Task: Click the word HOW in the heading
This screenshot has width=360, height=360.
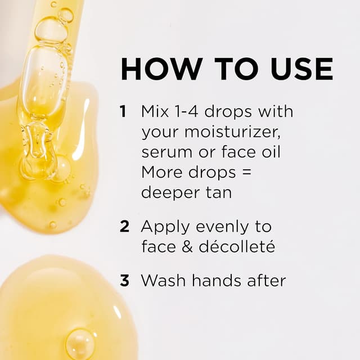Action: coord(161,69)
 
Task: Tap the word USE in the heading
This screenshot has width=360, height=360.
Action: coord(301,69)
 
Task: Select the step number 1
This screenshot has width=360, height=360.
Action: coord(123,111)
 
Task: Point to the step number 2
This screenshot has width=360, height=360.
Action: coord(124,226)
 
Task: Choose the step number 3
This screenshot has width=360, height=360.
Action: coord(124,281)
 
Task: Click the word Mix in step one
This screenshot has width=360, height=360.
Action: coord(155,111)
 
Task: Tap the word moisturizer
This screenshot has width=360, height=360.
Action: coord(232,132)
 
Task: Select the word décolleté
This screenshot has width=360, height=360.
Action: coord(237,246)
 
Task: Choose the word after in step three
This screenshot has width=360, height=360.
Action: coord(267,280)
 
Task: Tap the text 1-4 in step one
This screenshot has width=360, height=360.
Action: coord(186,111)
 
